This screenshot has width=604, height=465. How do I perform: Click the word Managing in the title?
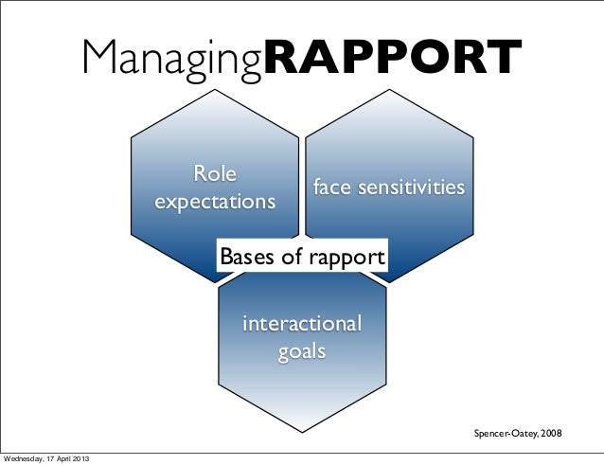(170, 60)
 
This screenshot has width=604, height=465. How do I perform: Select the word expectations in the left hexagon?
(216, 203)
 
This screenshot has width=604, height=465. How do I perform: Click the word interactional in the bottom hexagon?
(302, 324)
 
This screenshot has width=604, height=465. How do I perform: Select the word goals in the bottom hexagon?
(302, 351)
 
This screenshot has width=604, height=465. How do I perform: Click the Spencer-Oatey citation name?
(504, 433)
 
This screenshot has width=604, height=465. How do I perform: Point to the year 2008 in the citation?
(550, 433)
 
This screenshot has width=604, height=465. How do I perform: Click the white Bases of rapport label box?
(302, 258)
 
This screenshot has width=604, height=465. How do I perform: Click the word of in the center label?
(290, 258)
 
